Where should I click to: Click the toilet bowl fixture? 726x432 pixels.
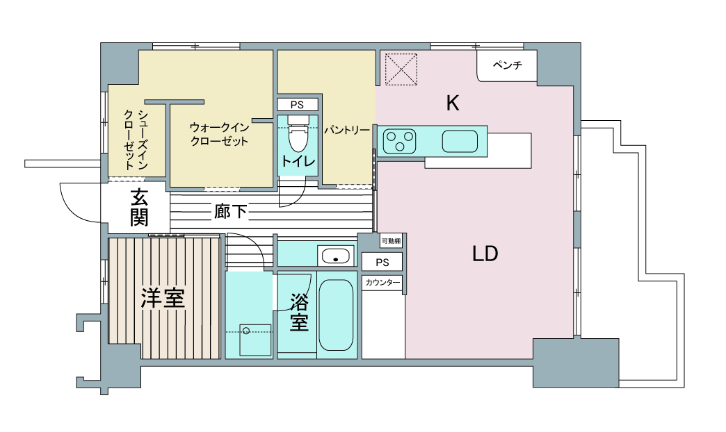pos(297,133)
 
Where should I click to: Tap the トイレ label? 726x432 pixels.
pos(298,161)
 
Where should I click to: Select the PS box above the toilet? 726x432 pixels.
pos(298,105)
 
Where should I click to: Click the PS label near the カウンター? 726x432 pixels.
pos(382,263)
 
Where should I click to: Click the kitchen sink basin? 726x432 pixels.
pos(460,141)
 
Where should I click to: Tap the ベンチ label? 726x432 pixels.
pos(508,65)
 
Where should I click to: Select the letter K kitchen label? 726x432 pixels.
pos(453,103)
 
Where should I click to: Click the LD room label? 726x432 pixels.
pos(485,254)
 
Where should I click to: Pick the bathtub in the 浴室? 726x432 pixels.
pos(336,315)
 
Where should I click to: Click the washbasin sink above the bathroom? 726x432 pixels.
pos(336,256)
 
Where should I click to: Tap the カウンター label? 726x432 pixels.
pos(382,283)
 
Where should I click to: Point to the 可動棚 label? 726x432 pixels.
pos(392,241)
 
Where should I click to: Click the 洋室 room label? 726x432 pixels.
pos(163,298)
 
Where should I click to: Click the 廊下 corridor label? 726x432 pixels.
pos(230,211)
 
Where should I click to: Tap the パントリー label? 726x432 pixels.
pos(347,131)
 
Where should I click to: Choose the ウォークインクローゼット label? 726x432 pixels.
pos(220,134)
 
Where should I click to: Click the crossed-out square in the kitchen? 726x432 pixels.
pos(401,69)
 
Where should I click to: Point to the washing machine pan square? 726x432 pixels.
pos(255,340)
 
